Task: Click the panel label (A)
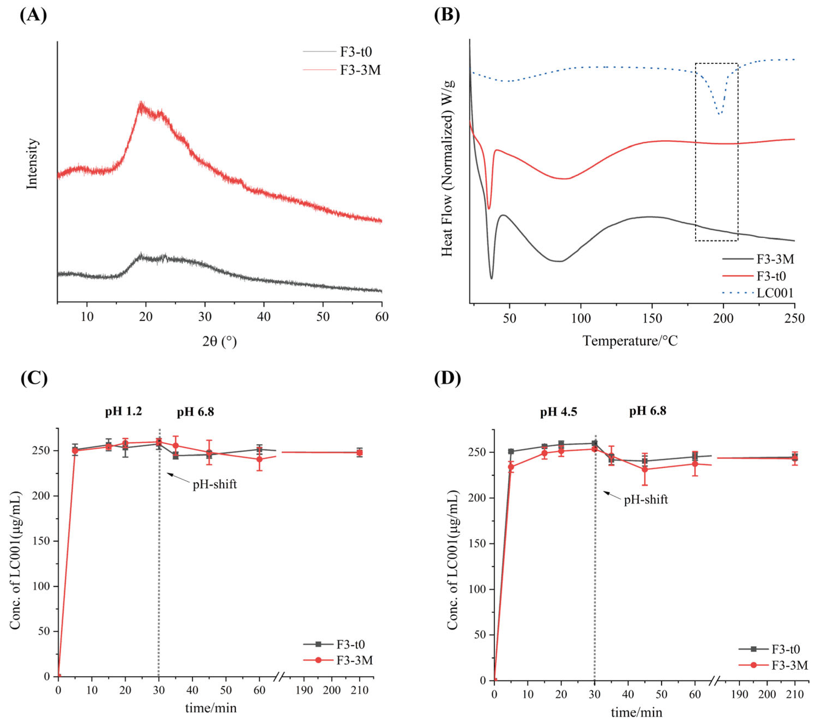[33, 15]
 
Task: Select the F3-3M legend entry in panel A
[360, 70]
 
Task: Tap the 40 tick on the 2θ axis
[264, 317]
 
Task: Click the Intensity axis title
[32, 164]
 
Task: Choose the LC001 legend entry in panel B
[775, 293]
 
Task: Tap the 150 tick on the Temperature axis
[652, 318]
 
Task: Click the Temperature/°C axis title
[630, 341]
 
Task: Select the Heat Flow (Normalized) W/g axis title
[447, 168]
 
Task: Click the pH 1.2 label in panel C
[124, 411]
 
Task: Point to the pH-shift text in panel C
[215, 484]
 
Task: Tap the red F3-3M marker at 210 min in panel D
[795, 458]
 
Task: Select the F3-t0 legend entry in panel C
[350, 644]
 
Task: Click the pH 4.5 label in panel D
[558, 412]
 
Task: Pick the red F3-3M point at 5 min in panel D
[511, 467]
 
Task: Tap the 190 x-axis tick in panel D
[739, 694]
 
